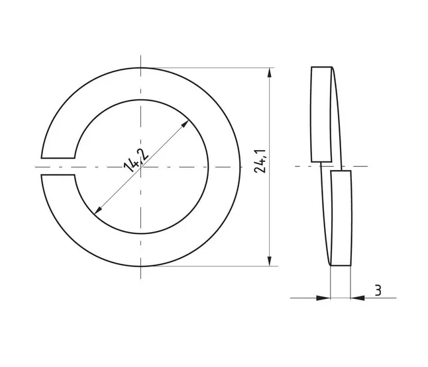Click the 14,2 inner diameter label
136,161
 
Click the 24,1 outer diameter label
260,161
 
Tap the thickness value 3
378,290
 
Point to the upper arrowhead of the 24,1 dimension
270,73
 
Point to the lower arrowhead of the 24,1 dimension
270,261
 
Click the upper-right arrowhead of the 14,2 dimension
186,124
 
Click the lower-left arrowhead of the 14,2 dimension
97,210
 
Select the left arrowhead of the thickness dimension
323,298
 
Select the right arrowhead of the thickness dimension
358,298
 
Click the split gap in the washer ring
58,166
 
